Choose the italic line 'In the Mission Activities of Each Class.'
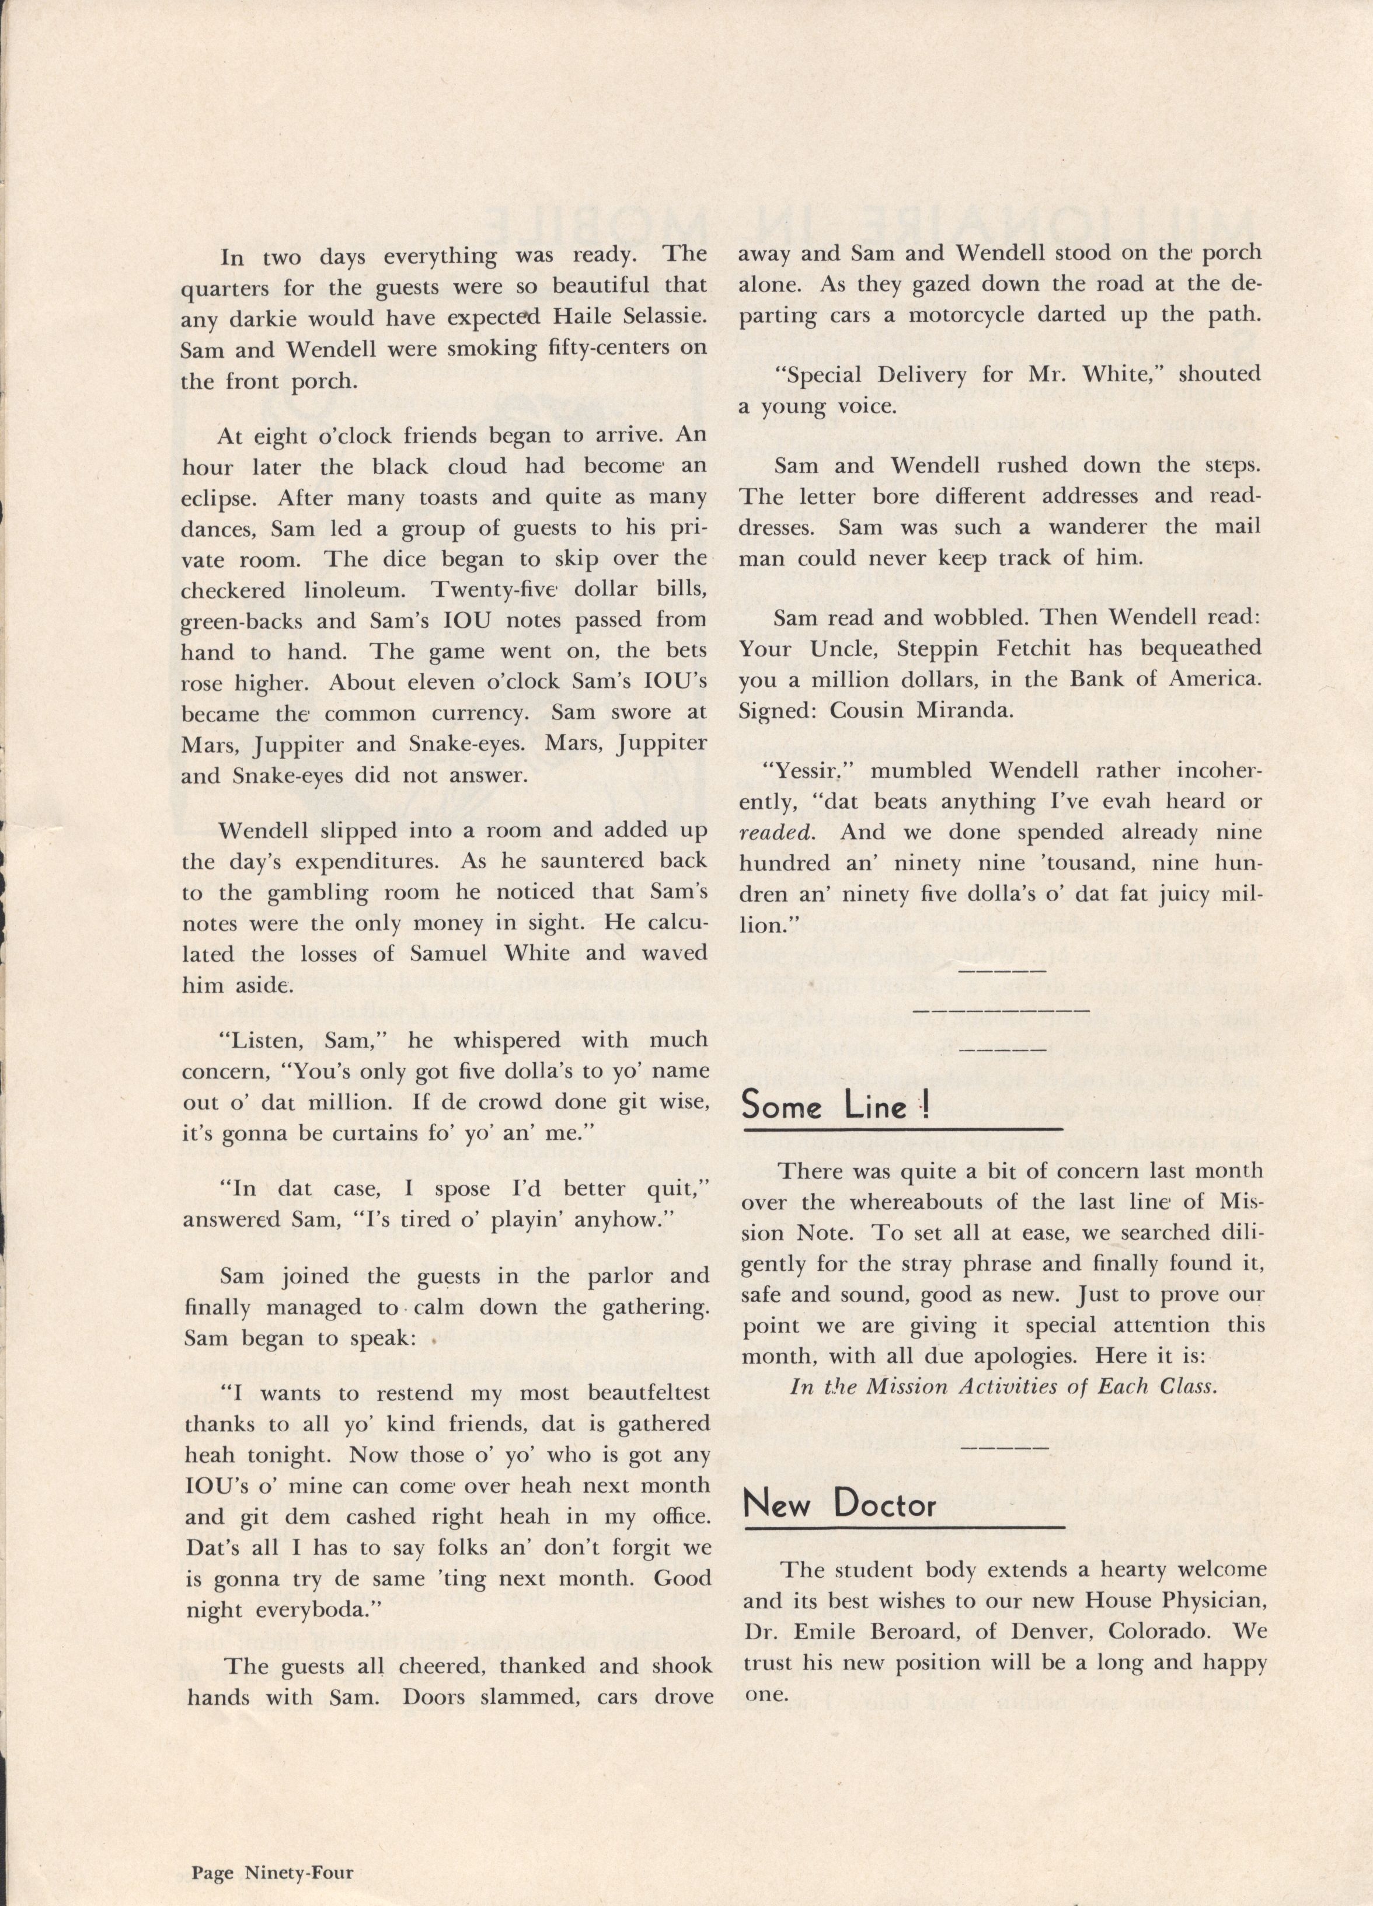tap(1003, 1387)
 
